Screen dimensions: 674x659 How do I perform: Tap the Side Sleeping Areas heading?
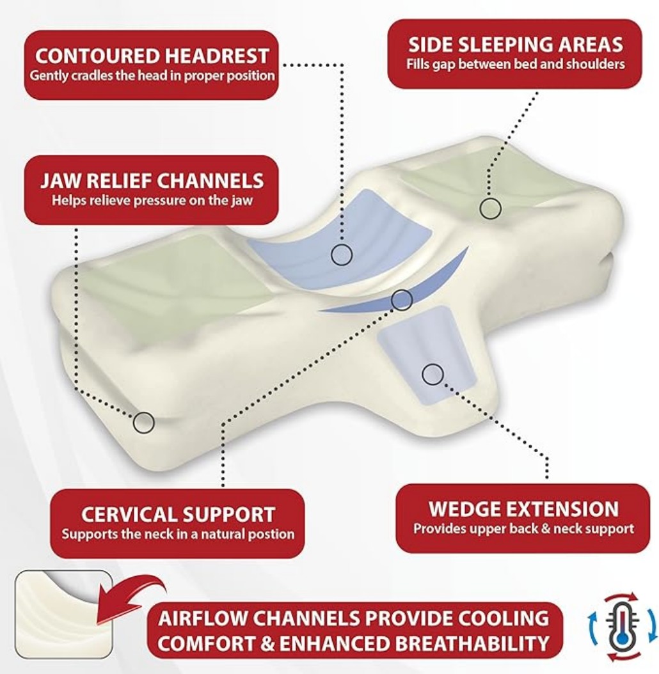[x=515, y=44]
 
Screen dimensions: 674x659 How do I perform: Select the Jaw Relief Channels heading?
[x=152, y=180]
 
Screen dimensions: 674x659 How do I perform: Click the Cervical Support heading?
[x=178, y=513]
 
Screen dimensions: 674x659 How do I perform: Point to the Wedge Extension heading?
[x=523, y=509]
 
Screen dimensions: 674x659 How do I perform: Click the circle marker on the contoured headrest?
[x=342, y=255]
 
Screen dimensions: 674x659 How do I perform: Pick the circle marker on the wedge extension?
[x=433, y=374]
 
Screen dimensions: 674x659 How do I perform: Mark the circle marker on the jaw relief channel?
[x=143, y=421]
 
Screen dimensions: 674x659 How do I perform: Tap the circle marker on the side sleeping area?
[x=490, y=208]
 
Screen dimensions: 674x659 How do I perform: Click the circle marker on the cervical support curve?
[x=401, y=299]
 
